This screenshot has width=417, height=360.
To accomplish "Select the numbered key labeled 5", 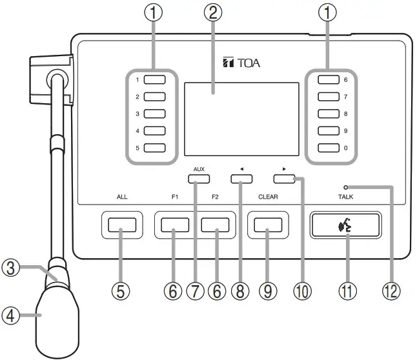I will point(155,147).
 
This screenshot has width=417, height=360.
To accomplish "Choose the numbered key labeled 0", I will point(329,147).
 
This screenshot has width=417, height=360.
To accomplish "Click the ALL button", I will point(122,225).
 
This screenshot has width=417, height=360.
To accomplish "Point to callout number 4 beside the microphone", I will point(10,316).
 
